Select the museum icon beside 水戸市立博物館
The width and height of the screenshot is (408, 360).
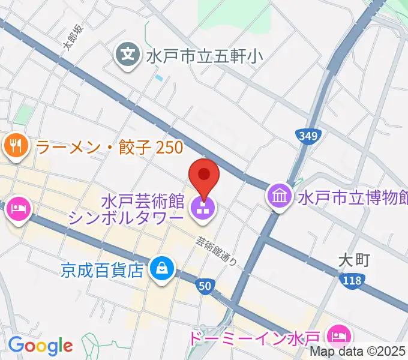[280, 196]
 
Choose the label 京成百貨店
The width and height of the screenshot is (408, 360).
[103, 269]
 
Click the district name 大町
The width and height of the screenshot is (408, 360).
[352, 260]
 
